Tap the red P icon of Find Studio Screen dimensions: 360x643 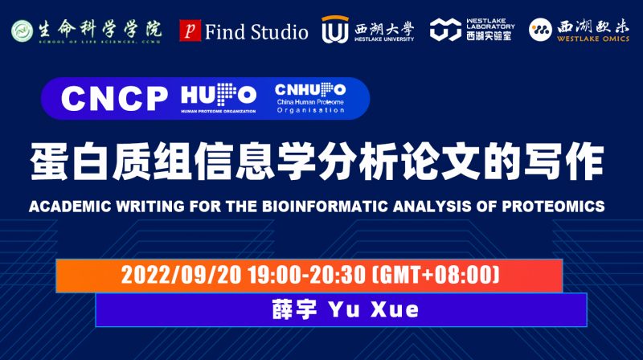click(x=189, y=31)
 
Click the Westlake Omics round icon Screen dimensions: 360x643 click(x=541, y=31)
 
